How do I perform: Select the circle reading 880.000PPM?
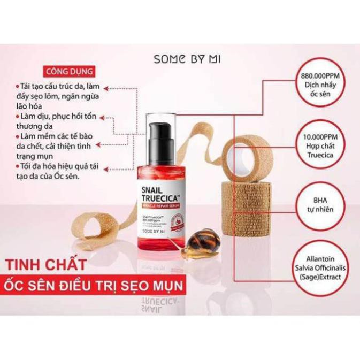318,85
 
